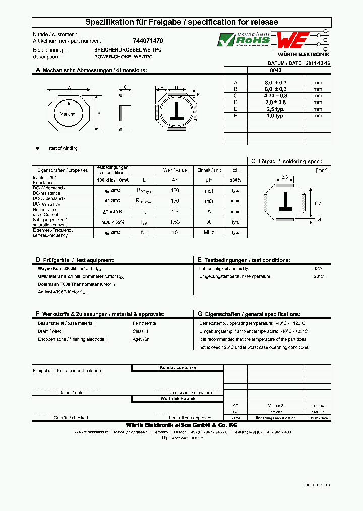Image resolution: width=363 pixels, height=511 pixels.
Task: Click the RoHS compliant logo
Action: (x=244, y=40)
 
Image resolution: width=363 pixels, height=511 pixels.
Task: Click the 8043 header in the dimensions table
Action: (x=276, y=71)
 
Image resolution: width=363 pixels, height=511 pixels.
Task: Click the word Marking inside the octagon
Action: (x=67, y=114)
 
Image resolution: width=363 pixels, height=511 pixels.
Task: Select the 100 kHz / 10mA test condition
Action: (x=112, y=180)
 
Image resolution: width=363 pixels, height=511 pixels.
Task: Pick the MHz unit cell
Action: (x=209, y=233)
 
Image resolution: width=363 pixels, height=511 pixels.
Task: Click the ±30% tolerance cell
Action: (x=235, y=180)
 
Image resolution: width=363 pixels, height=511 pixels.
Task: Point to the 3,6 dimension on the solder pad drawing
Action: (x=284, y=177)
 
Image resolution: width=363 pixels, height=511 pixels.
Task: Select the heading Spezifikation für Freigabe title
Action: (x=181, y=22)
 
